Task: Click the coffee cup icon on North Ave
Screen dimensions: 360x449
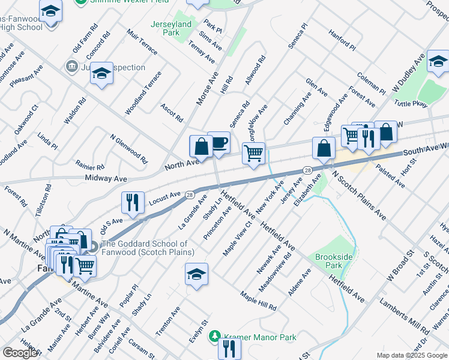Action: [x=219, y=143]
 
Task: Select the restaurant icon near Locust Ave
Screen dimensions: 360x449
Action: [x=132, y=202]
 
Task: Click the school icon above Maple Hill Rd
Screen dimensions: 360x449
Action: [x=196, y=274]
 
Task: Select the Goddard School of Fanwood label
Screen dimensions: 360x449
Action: [x=145, y=248]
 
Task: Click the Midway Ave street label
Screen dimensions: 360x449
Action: [x=106, y=179]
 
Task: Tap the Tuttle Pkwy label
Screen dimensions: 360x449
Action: [x=411, y=104]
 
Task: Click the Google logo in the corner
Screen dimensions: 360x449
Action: [x=20, y=353]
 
